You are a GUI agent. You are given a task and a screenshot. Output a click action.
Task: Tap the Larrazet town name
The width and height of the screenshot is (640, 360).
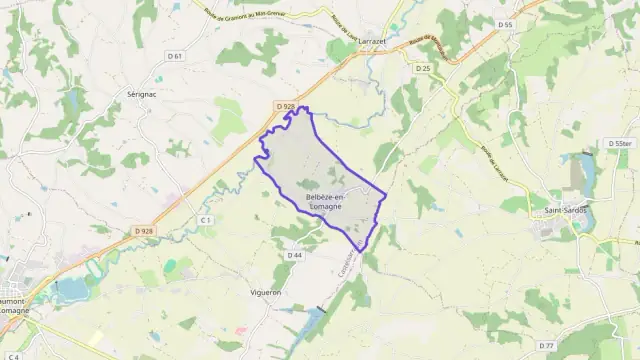(364, 32)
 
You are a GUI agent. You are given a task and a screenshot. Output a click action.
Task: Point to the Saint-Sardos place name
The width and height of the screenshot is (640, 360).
(566, 211)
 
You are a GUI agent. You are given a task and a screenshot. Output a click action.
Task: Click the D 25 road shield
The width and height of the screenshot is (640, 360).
(423, 68)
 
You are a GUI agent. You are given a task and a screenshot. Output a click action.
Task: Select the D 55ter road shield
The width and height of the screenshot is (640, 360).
(620, 145)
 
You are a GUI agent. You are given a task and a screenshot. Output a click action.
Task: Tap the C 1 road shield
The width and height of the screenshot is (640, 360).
(206, 219)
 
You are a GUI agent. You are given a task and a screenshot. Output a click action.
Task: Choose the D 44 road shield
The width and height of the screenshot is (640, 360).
(294, 256)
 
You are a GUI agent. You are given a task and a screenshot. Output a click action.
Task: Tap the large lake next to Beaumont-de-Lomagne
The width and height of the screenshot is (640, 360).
(72, 291)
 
